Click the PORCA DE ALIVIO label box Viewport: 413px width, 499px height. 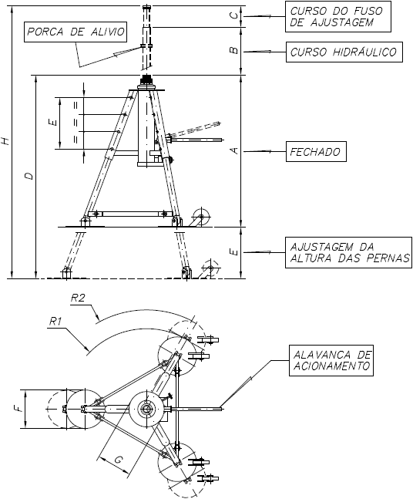pos(76,32)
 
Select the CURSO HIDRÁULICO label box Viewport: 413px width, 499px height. pos(344,52)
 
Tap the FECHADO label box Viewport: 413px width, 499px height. pos(316,151)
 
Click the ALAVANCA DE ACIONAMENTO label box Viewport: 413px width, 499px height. pos(331,360)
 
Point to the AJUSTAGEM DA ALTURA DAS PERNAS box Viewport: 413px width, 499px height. pos(348,252)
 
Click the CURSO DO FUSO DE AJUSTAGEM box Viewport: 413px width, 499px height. pos(337,16)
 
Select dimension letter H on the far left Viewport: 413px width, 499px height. pos(6,140)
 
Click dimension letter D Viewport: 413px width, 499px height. pos(29,176)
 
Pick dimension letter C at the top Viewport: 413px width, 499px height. pos(234,16)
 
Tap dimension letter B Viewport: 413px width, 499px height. pos(234,50)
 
